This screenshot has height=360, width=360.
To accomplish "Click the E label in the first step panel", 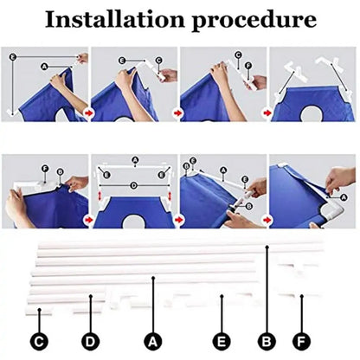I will click(11, 55).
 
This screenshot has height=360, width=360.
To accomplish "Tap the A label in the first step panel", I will click(44, 66).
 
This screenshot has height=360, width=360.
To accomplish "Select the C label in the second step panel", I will click(159, 61).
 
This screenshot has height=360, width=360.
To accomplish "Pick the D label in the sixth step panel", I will click(132, 184).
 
